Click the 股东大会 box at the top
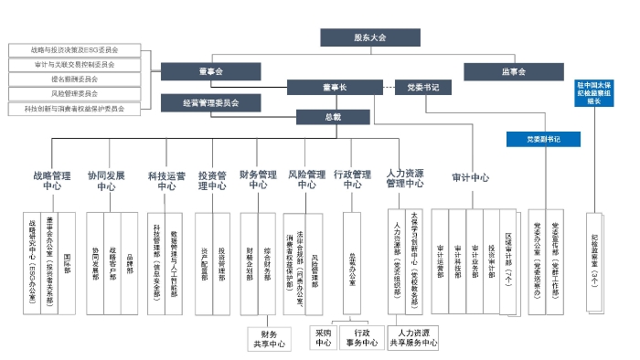point(370,37)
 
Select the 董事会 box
point(210,70)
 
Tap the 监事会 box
point(515,70)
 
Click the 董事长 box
point(332,88)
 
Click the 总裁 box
point(332,118)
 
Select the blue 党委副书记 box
point(543,139)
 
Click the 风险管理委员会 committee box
point(76,93)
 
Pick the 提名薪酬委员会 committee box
point(76,79)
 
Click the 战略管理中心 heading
point(52,179)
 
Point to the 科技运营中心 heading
point(166,179)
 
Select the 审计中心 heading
point(471,177)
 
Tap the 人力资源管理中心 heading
point(404,177)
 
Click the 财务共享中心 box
point(269,340)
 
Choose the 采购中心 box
point(323,338)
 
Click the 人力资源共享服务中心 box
point(413,338)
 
